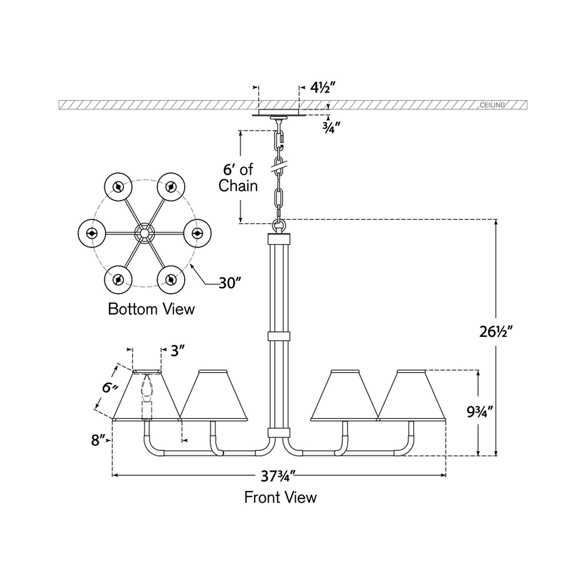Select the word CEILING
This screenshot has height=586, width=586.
[492, 105]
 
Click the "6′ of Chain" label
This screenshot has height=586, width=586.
[238, 178]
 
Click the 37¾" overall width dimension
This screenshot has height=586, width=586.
[278, 477]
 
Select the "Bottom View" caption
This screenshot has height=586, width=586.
[151, 309]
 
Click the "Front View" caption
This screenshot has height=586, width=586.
[280, 498]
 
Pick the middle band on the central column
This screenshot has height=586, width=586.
[279, 336]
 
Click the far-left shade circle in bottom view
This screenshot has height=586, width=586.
[91, 233]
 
